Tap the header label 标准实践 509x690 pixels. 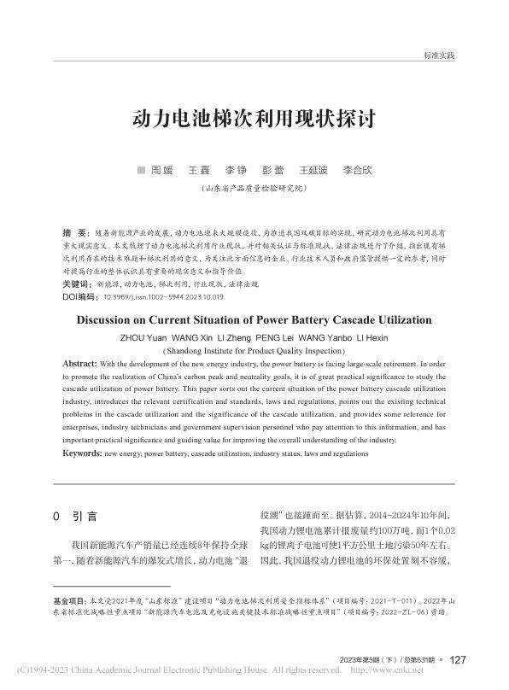click(x=439, y=56)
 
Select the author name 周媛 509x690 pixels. click(x=161, y=170)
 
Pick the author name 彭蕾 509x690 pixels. click(x=272, y=170)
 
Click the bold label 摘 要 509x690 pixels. click(x=75, y=232)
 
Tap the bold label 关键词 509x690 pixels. click(x=78, y=283)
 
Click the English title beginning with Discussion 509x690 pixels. click(x=254, y=321)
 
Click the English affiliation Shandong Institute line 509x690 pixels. click(x=254, y=350)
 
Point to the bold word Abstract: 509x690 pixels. click(x=79, y=364)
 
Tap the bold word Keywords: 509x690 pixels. click(x=83, y=453)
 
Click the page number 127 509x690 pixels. click(x=457, y=659)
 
